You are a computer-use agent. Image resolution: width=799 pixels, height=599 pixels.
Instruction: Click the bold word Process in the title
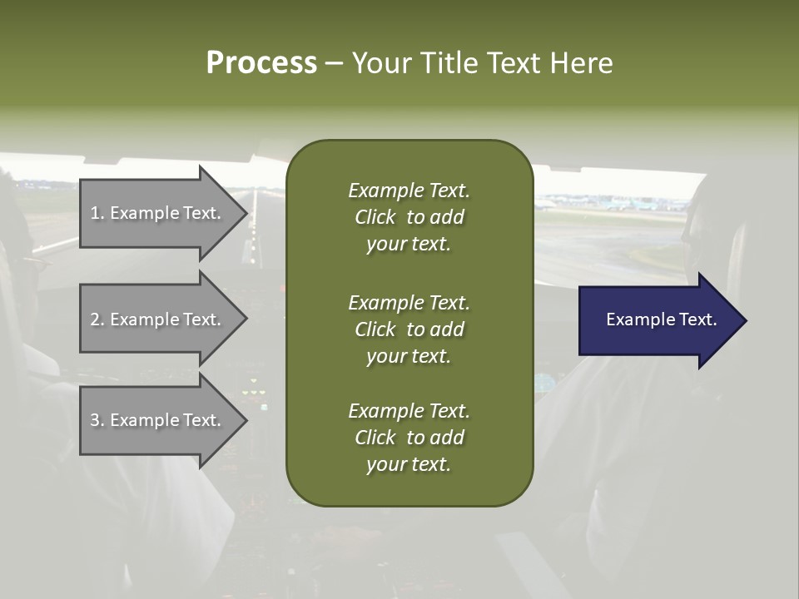point(261,63)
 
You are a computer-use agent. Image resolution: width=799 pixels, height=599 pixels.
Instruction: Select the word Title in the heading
point(448,63)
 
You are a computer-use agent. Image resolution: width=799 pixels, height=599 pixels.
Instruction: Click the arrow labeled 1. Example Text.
point(158,213)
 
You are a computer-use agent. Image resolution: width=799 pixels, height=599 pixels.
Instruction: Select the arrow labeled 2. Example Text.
point(158,319)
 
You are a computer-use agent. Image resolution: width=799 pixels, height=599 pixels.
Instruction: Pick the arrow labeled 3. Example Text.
point(158,420)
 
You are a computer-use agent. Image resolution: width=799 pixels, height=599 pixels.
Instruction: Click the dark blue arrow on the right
point(658,320)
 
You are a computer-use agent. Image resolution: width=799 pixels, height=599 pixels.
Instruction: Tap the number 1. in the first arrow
point(97,213)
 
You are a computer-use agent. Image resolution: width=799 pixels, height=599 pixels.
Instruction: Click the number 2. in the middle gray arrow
point(97,319)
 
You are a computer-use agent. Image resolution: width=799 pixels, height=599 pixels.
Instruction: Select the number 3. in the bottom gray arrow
point(97,420)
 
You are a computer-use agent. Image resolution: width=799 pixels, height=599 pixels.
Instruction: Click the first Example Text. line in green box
point(409,191)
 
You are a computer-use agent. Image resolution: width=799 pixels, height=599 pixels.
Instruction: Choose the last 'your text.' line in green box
point(409,464)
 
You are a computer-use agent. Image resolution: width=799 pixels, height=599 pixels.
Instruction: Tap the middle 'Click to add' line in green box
point(409,329)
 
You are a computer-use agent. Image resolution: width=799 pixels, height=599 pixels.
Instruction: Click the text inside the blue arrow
point(661,319)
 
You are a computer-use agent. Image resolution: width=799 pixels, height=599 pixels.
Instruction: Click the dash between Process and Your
point(334,63)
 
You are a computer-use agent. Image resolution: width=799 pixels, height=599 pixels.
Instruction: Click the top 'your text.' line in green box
point(409,244)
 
